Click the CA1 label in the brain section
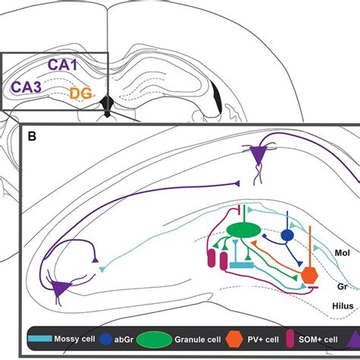coord(62,65)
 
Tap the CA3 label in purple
coord(26,87)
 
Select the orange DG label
coord(81,93)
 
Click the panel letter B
coord(32,137)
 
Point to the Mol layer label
coord(343,253)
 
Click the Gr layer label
coord(343,286)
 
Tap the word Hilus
coord(343,306)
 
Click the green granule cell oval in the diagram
coord(244,230)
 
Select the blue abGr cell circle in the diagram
coord(287,235)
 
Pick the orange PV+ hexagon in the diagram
coord(310,275)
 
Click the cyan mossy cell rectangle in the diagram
coord(242,265)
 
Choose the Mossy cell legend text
coord(74,339)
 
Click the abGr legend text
coord(124,339)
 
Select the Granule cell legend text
coord(197,339)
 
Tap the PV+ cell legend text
coord(263,339)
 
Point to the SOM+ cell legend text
coord(318,339)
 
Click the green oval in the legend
coord(154,339)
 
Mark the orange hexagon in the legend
coord(235,339)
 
